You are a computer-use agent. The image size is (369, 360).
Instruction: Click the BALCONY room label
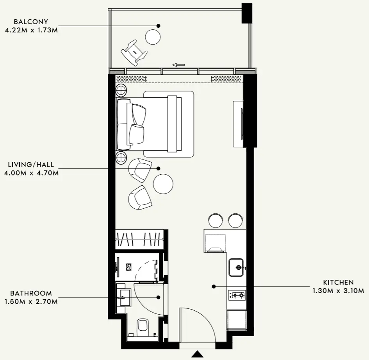[x=31, y=21]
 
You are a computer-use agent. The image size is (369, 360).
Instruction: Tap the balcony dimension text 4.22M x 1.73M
[x=31, y=30]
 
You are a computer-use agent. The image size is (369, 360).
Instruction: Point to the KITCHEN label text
[x=338, y=282]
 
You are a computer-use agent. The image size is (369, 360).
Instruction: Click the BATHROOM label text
[x=31, y=293]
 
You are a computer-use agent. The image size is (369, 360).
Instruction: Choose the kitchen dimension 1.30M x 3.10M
[x=338, y=290]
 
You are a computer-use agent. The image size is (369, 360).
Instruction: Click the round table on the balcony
[x=153, y=37]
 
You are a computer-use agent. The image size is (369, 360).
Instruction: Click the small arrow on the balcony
[x=178, y=65]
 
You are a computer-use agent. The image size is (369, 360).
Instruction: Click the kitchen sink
[x=236, y=267]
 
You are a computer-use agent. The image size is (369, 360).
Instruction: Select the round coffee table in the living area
[x=163, y=184]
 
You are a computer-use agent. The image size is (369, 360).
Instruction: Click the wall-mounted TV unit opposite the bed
[x=238, y=124]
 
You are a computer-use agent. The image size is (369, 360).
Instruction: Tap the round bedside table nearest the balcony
[x=121, y=90]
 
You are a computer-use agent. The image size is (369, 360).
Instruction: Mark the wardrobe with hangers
[x=139, y=239]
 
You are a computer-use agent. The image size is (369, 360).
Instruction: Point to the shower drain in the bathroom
[x=129, y=267]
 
